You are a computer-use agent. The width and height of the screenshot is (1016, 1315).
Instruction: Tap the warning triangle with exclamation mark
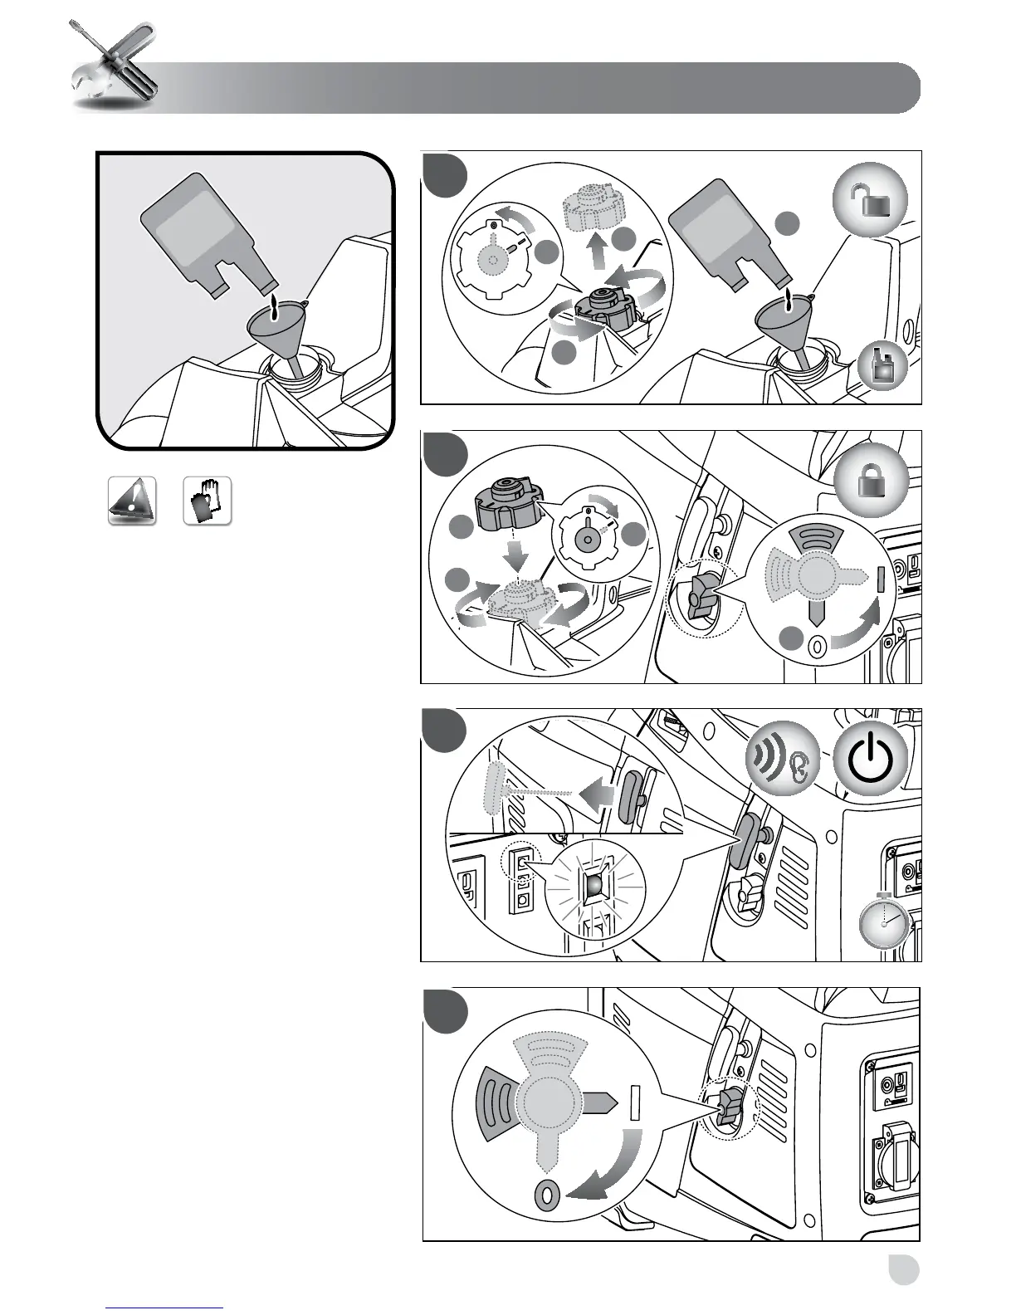pos(132,501)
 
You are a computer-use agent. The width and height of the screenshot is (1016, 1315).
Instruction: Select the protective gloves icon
pos(207,501)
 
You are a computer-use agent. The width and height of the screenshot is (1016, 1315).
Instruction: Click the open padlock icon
pos(869,202)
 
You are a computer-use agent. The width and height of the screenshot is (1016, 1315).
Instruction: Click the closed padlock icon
pos(869,481)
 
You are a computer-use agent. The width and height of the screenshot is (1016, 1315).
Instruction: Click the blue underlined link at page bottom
pos(165,1308)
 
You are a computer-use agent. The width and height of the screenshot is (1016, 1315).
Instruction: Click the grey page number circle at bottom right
pos(902,1269)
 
